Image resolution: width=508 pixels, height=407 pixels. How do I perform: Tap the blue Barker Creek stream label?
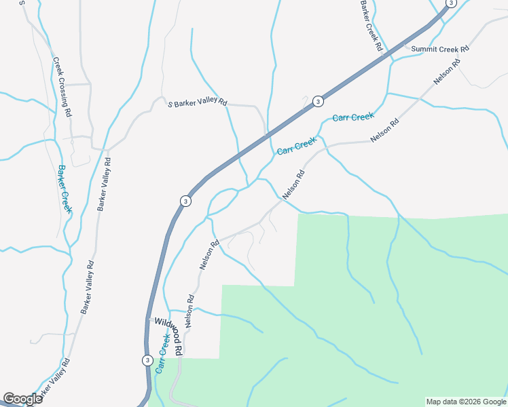coord(65,189)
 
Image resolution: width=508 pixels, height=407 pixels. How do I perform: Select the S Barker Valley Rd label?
coord(198,104)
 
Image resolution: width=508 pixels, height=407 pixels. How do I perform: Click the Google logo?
coord(22,399)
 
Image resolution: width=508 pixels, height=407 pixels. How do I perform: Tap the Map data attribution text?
coord(466,402)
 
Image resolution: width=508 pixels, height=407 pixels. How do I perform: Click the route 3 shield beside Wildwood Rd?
coord(147,360)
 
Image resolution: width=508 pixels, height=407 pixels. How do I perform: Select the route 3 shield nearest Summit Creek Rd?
coord(449,3)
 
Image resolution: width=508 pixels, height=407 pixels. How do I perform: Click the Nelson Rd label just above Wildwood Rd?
coord(190,311)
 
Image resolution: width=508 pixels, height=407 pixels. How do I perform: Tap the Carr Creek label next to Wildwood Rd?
coord(162,353)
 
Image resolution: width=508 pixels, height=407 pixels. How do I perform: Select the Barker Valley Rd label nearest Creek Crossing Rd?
coord(103,185)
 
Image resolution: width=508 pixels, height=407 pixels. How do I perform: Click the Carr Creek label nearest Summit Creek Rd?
coord(353,117)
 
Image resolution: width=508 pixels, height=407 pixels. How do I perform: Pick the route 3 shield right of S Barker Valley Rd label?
coord(318,102)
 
